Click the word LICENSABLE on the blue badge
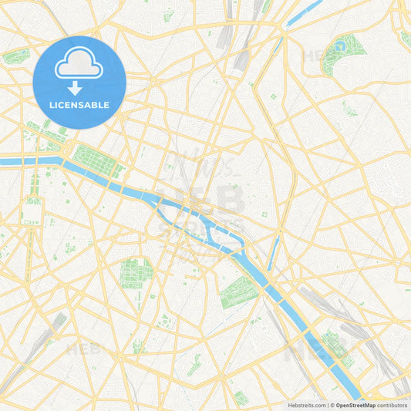tap(79, 104)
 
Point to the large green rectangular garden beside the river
tap(96, 160)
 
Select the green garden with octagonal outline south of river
tap(136, 271)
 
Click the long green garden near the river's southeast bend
tap(237, 293)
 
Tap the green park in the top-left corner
tap(15, 56)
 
